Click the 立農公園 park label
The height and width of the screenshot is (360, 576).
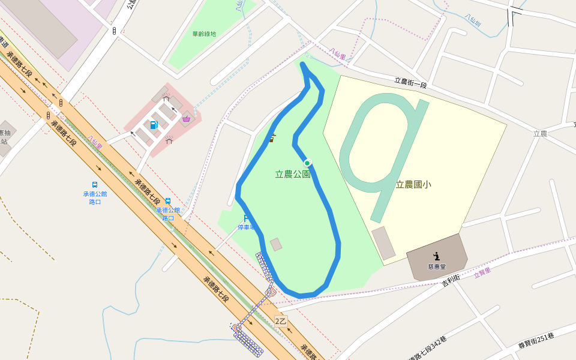(292, 175)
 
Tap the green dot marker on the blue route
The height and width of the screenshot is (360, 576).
(307, 163)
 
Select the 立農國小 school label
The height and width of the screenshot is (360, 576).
(413, 184)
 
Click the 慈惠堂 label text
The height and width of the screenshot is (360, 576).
(436, 266)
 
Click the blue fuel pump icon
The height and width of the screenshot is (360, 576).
(154, 125)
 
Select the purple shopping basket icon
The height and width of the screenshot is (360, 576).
(187, 119)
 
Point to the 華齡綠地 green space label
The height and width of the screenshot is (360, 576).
(204, 34)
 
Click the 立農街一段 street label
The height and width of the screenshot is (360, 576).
(410, 83)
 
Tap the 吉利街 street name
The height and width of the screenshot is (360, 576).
(451, 279)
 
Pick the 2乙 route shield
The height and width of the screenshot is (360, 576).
(281, 321)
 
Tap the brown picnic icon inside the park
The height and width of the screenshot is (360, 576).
(272, 138)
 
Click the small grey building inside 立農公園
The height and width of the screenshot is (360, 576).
(276, 244)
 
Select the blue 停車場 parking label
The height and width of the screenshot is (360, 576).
(246, 227)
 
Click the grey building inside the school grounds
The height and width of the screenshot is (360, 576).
(383, 243)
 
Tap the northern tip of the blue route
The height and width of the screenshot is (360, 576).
(303, 64)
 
